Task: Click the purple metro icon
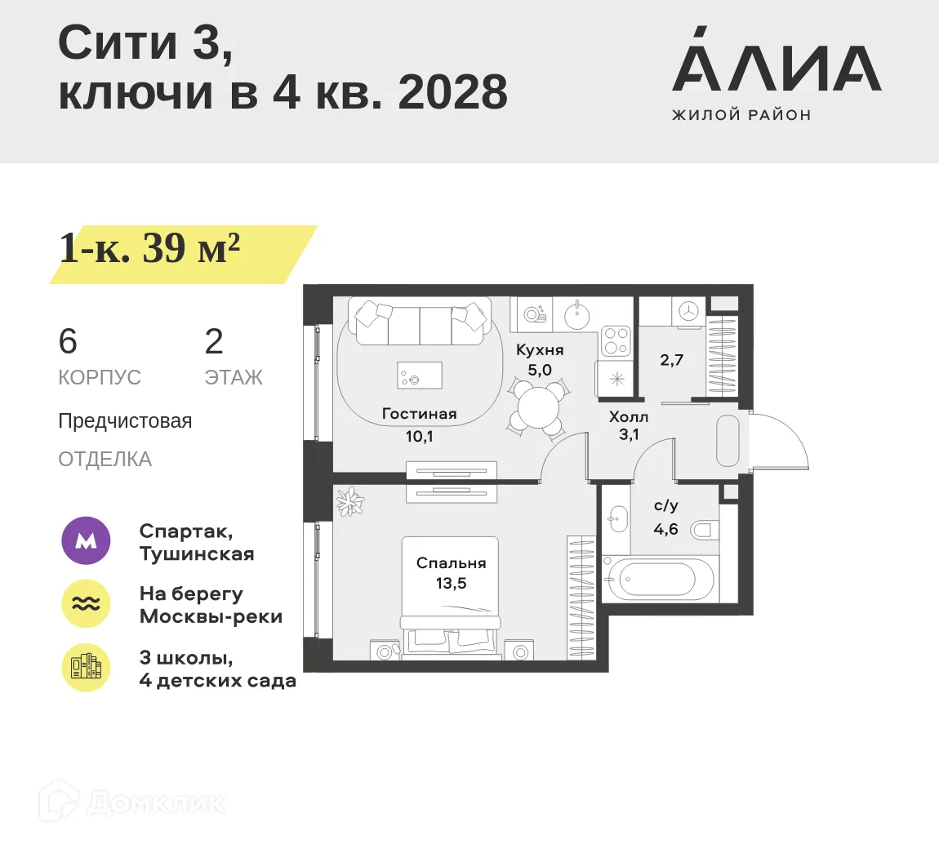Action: (x=86, y=541)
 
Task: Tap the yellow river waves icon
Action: (x=86, y=604)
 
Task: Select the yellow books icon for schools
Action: (x=86, y=668)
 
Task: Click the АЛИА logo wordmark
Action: (x=776, y=69)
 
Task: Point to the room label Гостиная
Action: (x=419, y=414)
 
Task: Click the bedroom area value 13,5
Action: (x=451, y=584)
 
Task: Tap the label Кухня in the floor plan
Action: (x=540, y=350)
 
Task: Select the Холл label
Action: (x=629, y=417)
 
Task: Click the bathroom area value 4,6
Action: (x=665, y=529)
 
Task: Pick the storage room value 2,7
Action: (x=671, y=360)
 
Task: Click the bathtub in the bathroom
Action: (x=657, y=580)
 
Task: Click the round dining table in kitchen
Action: (x=538, y=406)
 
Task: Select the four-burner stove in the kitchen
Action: (x=616, y=341)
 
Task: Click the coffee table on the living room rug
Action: (x=419, y=376)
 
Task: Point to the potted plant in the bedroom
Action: (x=350, y=501)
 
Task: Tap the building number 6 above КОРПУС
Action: (x=68, y=341)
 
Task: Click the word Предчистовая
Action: (x=125, y=421)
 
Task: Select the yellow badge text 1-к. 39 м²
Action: (x=149, y=248)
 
